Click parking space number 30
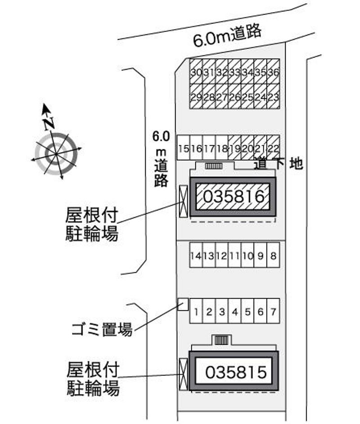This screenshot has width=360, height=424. pos(196,72)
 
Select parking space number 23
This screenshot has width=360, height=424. pos(274,97)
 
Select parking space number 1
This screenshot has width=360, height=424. pos(196,311)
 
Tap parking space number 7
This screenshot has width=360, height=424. pos(274,311)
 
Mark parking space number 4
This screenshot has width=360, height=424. pos(235,311)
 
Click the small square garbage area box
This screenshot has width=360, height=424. pos(183,305)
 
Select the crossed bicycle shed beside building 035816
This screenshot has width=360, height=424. pos(183,201)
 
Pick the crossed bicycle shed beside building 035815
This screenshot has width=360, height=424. pos(183,373)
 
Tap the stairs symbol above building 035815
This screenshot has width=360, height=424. pos(221,340)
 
